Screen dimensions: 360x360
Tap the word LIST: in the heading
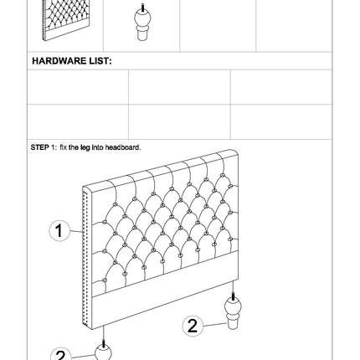coord(100,61)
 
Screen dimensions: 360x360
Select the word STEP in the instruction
coord(40,147)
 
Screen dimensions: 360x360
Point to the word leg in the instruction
coord(85,147)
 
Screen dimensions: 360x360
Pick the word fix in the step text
coord(63,147)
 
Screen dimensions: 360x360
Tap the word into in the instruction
coord(97,147)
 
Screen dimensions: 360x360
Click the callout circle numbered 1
coord(59,231)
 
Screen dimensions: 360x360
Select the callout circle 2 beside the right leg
coord(193,326)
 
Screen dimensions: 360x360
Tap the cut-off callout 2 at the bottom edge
coord(61,354)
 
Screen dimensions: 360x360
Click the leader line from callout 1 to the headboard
coord(76,231)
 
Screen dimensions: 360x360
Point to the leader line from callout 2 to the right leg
coord(214,325)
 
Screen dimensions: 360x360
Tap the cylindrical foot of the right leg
coord(233,324)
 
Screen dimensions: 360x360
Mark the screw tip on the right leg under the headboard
coord(233,296)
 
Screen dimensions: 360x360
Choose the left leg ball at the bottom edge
coord(103,352)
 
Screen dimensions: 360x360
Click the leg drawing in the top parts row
coord(142,23)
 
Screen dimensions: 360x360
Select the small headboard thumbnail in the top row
coord(66,20)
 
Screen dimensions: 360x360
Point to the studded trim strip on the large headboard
coord(87,258)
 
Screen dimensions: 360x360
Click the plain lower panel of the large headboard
coord(165,291)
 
